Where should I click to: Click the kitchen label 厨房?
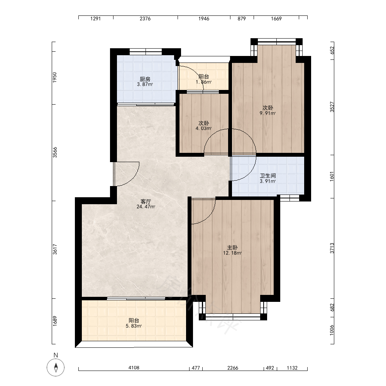point(145,79)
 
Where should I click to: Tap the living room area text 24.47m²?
point(146,207)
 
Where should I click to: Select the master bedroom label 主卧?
point(232,248)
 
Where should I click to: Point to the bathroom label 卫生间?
point(268,176)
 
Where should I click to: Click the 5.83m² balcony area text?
point(134,326)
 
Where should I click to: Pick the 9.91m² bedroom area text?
point(267,113)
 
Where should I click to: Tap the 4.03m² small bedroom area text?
point(203,128)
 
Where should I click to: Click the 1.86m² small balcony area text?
point(203,82)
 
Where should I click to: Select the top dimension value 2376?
point(145,19)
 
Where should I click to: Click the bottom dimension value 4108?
point(134,368)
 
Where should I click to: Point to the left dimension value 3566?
point(55,152)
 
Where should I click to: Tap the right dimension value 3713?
point(332,248)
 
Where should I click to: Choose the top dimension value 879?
point(242,19)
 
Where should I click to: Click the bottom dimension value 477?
point(196,368)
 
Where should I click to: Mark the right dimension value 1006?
point(332,330)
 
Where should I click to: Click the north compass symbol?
point(56,367)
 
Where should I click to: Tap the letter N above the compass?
point(56,355)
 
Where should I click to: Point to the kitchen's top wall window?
point(146,52)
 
